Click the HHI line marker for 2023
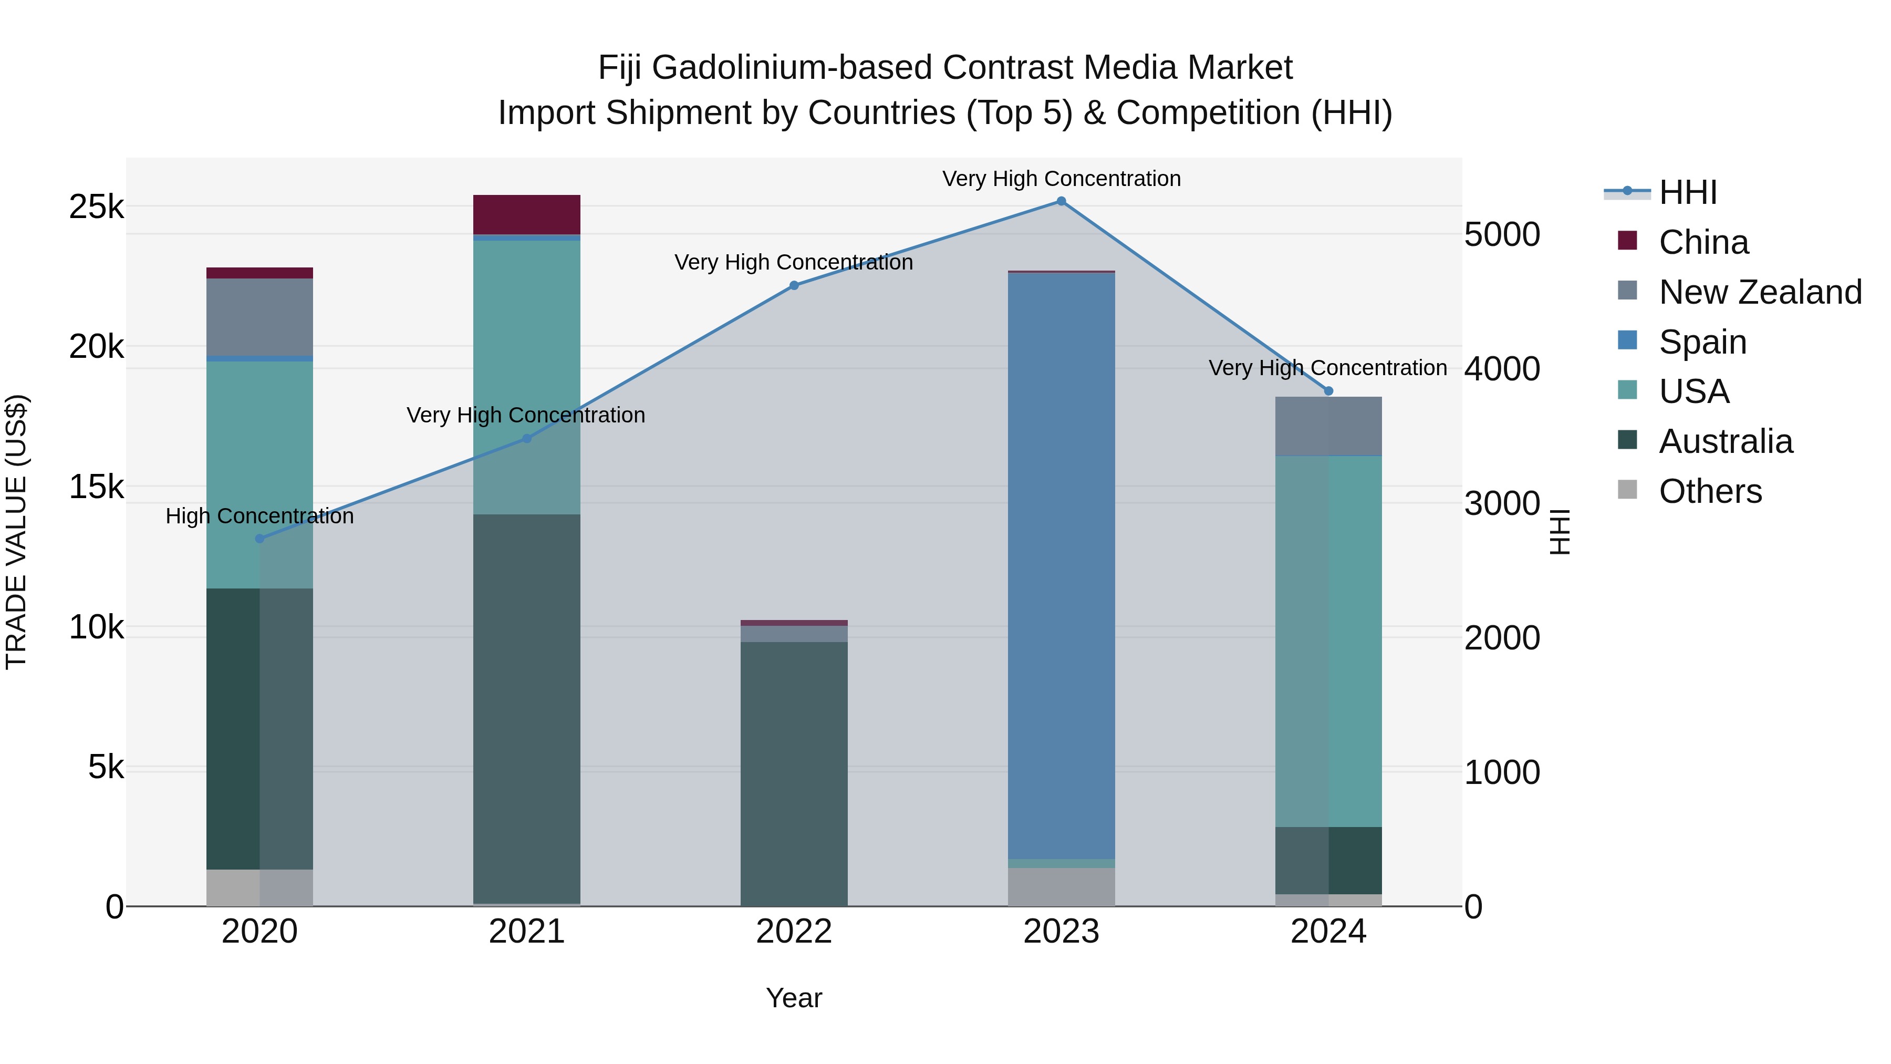click(1061, 201)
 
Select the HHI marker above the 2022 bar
click(794, 286)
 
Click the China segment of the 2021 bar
click(526, 214)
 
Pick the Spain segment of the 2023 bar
click(1061, 565)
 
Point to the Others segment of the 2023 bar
click(1061, 887)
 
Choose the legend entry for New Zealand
click(1760, 292)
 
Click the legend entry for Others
click(1710, 491)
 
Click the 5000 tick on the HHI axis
click(1501, 235)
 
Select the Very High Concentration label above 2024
click(1327, 368)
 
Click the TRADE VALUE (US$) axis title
click(16, 532)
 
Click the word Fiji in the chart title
click(620, 68)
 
